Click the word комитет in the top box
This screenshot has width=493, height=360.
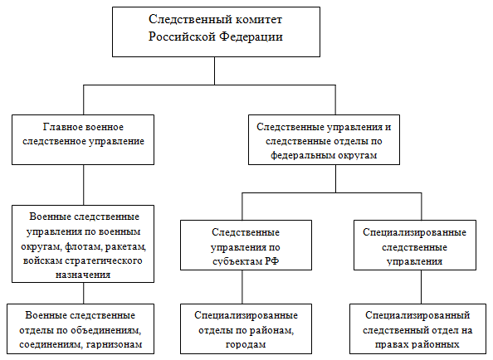tap(259, 19)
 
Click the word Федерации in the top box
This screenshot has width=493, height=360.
tap(251, 36)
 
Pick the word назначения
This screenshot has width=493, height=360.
tap(83, 275)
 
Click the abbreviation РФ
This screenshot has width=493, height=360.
tap(272, 261)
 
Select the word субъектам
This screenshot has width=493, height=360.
tap(237, 261)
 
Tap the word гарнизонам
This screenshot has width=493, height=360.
tap(115, 344)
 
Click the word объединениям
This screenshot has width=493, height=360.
tap(105, 330)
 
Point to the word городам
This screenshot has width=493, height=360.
tap(246, 344)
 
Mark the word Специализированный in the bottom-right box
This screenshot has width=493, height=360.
tap(417, 315)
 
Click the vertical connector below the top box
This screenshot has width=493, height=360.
tap(215, 71)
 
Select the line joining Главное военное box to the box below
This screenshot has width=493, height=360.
tap(84, 185)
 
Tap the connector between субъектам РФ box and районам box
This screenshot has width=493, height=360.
tap(242, 287)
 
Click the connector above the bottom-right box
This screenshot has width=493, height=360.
tap(422, 287)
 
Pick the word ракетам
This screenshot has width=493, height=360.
tap(126, 246)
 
